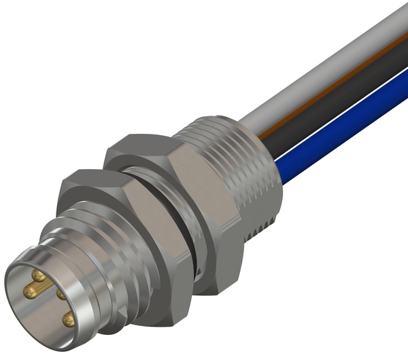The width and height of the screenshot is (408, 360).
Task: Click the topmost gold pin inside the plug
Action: (x=39, y=276)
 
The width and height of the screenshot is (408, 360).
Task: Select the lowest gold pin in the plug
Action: (x=68, y=319)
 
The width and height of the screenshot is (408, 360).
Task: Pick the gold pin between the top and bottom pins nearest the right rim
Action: (x=61, y=294)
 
